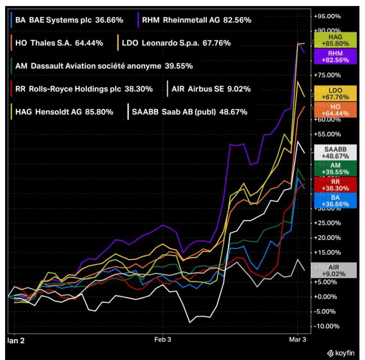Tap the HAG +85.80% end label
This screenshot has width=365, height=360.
click(x=335, y=40)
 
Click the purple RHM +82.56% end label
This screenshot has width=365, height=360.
click(x=335, y=57)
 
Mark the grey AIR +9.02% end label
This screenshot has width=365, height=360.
click(x=335, y=270)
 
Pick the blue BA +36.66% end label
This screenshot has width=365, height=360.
click(x=335, y=199)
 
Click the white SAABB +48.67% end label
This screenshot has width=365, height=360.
click(x=335, y=152)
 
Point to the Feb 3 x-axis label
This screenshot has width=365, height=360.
click(x=163, y=339)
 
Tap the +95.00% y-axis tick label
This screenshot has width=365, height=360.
click(x=327, y=16)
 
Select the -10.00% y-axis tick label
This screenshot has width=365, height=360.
click(x=327, y=326)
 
